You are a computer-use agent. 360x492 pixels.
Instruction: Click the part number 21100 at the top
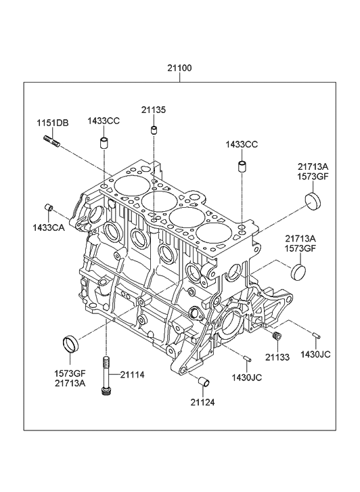pos(179,68)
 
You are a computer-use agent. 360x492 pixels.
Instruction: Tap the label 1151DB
pos(52,122)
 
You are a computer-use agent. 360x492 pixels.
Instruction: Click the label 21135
pos(154,110)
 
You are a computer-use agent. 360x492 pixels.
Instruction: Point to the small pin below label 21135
pos(154,130)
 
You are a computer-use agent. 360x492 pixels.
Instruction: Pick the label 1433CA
pos(48,227)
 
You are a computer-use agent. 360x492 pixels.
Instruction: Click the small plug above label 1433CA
pos(49,206)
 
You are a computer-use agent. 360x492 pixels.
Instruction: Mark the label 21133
pos(277,356)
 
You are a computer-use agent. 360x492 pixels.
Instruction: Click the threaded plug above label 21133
pos(276,337)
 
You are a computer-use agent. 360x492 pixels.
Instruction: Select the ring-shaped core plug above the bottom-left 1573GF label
pos(70,342)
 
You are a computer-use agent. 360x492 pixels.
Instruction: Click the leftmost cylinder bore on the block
pos(127,183)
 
